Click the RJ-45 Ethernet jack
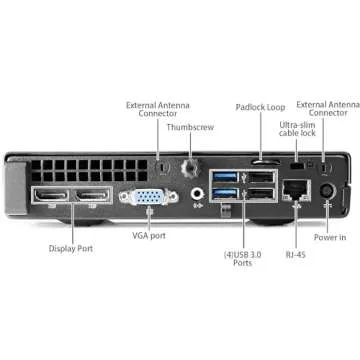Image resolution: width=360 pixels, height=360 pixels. tap(295, 188)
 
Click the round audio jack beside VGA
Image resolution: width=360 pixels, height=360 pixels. tap(196, 189)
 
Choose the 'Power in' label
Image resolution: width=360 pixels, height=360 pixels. tap(329, 239)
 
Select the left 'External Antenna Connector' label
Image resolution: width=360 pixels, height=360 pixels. tap(153, 108)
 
